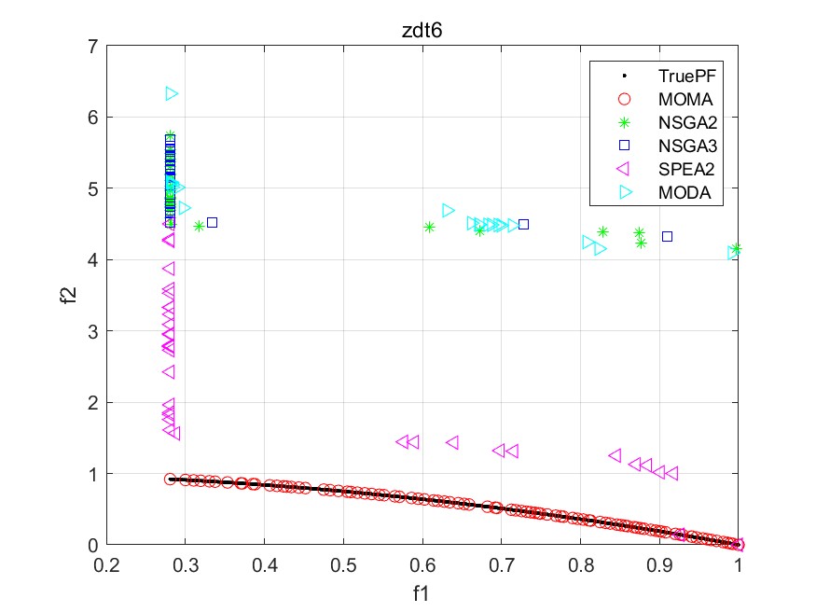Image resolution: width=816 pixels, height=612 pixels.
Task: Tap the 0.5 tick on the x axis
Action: coord(344,563)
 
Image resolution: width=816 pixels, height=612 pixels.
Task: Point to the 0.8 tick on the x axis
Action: coord(581,563)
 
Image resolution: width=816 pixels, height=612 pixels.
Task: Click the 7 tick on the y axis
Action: coord(95,46)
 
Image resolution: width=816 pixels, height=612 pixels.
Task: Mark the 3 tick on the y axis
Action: coord(95,331)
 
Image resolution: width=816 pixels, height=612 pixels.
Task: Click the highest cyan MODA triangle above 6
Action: coord(172,93)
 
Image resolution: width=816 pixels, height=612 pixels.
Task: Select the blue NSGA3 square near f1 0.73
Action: coord(523,224)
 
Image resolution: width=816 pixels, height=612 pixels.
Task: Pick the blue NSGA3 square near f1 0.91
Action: coord(667,236)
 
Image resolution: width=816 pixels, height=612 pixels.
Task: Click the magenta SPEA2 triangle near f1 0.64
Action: coord(452,442)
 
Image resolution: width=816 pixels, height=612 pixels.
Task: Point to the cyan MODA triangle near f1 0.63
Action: coord(448,210)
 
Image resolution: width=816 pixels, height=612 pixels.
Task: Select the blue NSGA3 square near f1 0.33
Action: coord(212,222)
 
